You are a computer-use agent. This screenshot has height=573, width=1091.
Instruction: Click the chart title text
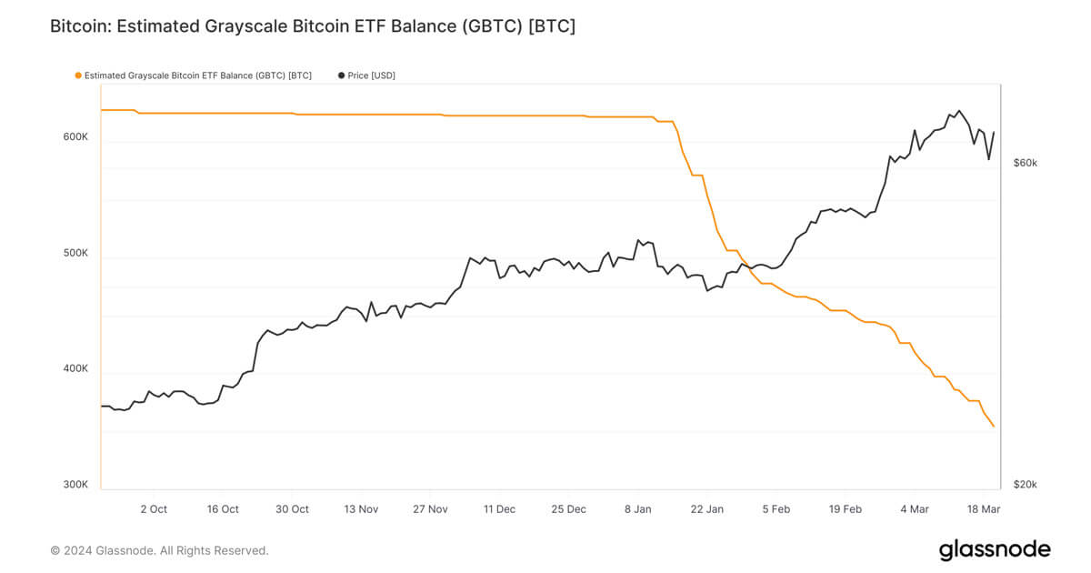[312, 26]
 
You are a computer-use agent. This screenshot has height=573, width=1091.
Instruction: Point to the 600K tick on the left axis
[75, 136]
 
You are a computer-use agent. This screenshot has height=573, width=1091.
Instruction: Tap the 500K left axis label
[75, 253]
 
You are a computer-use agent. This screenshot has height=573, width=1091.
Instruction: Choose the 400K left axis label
[75, 368]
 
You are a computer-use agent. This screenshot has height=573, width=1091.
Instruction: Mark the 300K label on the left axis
[75, 485]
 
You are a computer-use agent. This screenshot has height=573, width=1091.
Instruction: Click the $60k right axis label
[1026, 163]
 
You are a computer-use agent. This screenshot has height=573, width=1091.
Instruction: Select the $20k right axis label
[1025, 485]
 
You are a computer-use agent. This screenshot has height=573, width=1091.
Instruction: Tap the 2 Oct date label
[154, 509]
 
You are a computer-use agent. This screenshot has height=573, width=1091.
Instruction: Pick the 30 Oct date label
[292, 509]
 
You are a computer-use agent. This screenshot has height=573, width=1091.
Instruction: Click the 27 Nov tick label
[430, 509]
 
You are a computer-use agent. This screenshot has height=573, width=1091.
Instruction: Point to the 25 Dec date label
[569, 509]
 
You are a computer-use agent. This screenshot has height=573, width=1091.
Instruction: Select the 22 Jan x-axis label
[707, 509]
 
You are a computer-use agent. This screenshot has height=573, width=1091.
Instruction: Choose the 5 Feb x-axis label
[776, 509]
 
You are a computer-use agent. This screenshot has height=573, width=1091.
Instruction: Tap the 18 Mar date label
[984, 509]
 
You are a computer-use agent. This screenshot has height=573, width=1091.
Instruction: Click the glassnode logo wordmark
[995, 549]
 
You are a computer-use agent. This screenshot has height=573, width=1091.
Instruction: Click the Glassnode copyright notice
[159, 550]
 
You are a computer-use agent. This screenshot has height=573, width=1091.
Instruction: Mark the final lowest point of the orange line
[994, 427]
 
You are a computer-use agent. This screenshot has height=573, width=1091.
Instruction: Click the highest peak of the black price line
[958, 111]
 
